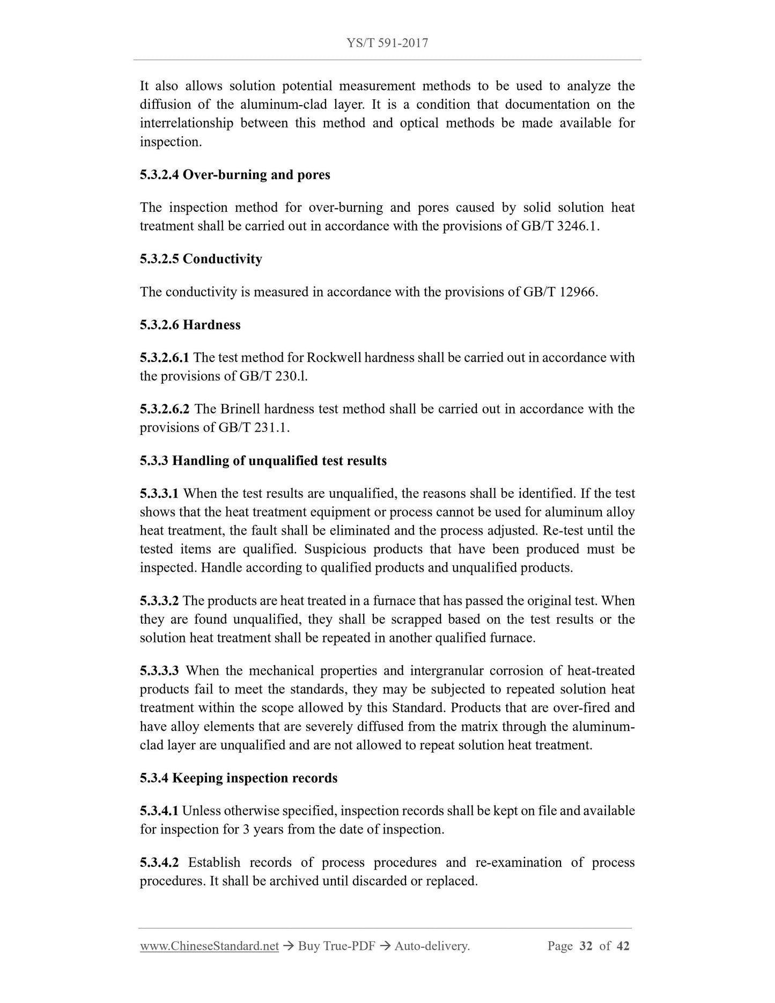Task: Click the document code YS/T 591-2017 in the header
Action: coord(387,43)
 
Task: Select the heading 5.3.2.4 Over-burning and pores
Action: coord(235,175)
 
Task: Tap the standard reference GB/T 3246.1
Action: coord(559,226)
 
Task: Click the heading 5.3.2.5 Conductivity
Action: coord(201,259)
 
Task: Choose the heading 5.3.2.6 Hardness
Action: coord(190,325)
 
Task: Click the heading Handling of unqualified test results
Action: coord(279,461)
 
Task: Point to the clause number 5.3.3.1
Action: coord(159,493)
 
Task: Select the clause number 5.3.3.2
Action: coord(159,601)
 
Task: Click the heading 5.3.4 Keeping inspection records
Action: coord(239,778)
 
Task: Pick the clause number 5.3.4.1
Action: coord(159,811)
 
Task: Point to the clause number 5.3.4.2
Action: coord(159,862)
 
